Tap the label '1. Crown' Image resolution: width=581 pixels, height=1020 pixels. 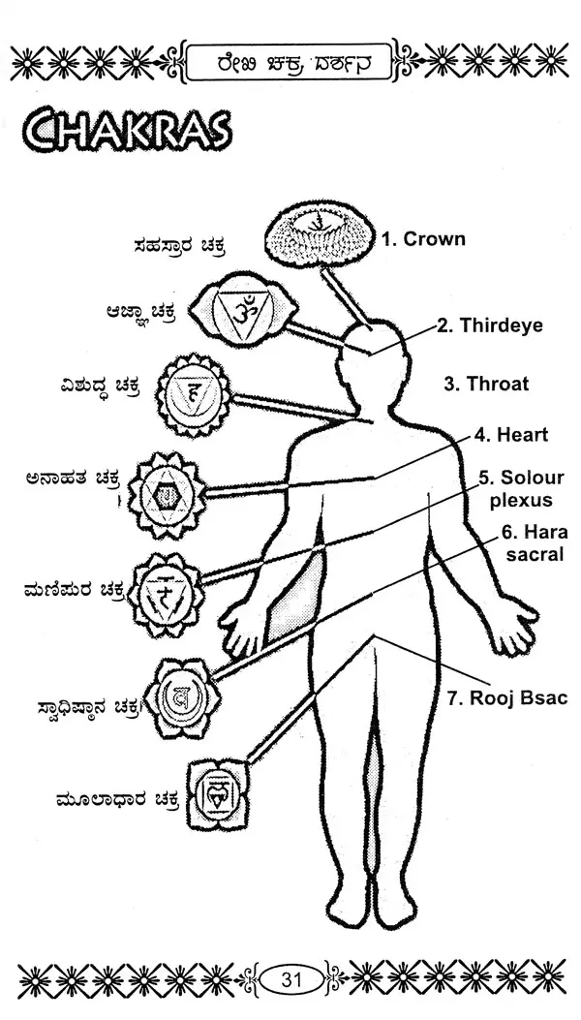[422, 239]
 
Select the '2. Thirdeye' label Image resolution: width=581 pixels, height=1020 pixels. [488, 325]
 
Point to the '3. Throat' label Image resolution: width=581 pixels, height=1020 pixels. [486, 384]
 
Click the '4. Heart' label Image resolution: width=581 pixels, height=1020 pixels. [510, 435]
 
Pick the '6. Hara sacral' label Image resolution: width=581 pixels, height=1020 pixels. [535, 542]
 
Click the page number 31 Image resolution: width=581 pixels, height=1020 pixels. [291, 980]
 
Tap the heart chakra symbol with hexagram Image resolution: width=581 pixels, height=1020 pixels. [168, 493]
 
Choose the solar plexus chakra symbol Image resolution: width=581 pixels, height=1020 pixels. [167, 595]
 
